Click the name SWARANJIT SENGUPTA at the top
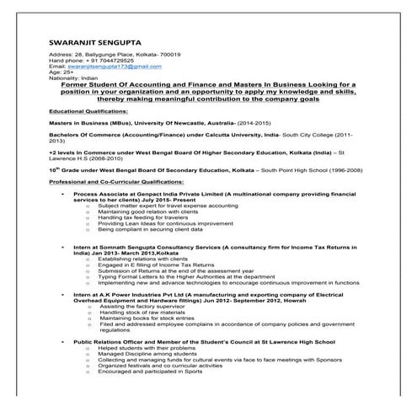[x=95, y=40]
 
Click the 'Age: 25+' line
[x=62, y=72]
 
